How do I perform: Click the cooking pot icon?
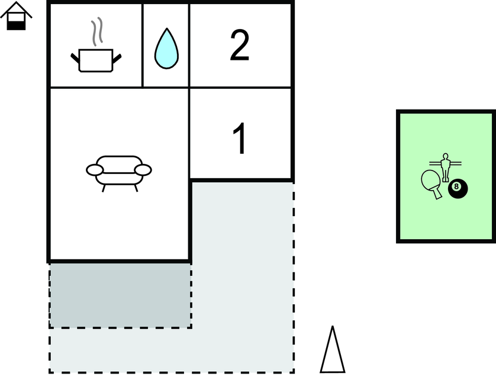(96, 60)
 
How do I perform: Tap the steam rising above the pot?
(97, 31)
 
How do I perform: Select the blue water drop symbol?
(166, 49)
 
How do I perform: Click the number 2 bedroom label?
(240, 45)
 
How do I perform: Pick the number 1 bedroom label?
(240, 138)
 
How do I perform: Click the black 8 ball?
(458, 189)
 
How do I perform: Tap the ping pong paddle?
(431, 184)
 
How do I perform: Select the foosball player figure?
(445, 168)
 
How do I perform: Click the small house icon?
(16, 16)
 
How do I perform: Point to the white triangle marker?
(333, 350)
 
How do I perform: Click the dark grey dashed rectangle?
(120, 295)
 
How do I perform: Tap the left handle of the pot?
(75, 58)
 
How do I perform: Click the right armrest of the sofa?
(143, 170)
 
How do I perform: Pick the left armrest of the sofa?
(95, 170)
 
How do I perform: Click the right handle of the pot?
(117, 58)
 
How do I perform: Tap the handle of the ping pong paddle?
(437, 194)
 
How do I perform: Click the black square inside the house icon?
(16, 25)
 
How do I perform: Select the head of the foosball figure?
(445, 157)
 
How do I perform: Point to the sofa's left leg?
(103, 188)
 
